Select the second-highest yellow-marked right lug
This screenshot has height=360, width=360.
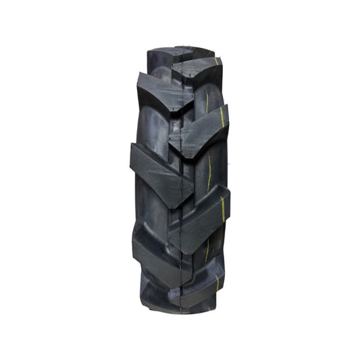(203, 128)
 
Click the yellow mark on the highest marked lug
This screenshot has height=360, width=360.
(217, 63)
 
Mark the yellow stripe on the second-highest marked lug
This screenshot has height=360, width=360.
(221, 123)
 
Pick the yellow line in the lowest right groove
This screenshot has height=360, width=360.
(207, 247)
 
